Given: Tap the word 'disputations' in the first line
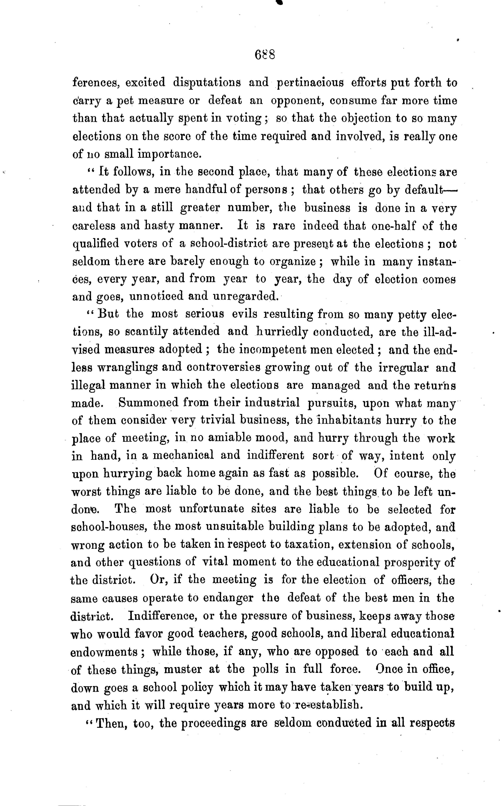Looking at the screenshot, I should pos(207,82).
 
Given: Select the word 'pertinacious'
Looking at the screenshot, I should pos(310,82).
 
